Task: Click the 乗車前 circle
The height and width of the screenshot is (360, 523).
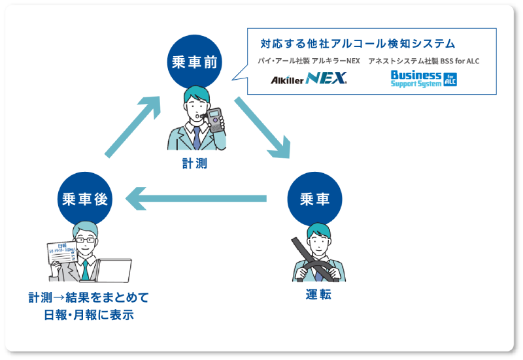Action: pyautogui.click(x=195, y=62)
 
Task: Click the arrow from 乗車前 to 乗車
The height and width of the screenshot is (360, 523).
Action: pyautogui.click(x=261, y=127)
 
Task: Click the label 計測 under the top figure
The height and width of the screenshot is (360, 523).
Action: pyautogui.click(x=195, y=163)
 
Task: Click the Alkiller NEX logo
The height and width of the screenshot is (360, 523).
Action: pyautogui.click(x=309, y=79)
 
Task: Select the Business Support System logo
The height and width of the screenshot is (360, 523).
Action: pyautogui.click(x=424, y=79)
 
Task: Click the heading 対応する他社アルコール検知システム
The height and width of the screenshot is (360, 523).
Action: pyautogui.click(x=358, y=44)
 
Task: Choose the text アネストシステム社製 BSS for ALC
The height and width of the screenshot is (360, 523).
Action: pyautogui.click(x=424, y=61)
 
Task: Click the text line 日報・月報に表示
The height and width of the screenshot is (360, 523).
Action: pyautogui.click(x=88, y=315)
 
